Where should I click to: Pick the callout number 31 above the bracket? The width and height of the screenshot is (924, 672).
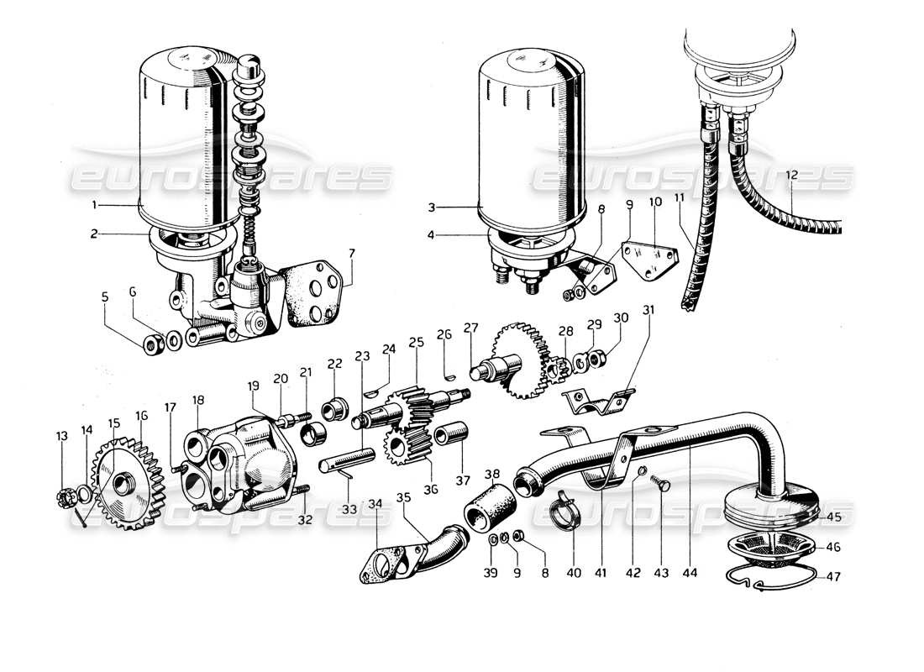pos(648,309)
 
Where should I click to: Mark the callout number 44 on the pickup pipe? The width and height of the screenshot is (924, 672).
pos(690,574)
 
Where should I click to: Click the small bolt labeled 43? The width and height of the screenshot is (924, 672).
pos(662,486)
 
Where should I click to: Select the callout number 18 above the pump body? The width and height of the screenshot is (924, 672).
pos(198,401)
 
